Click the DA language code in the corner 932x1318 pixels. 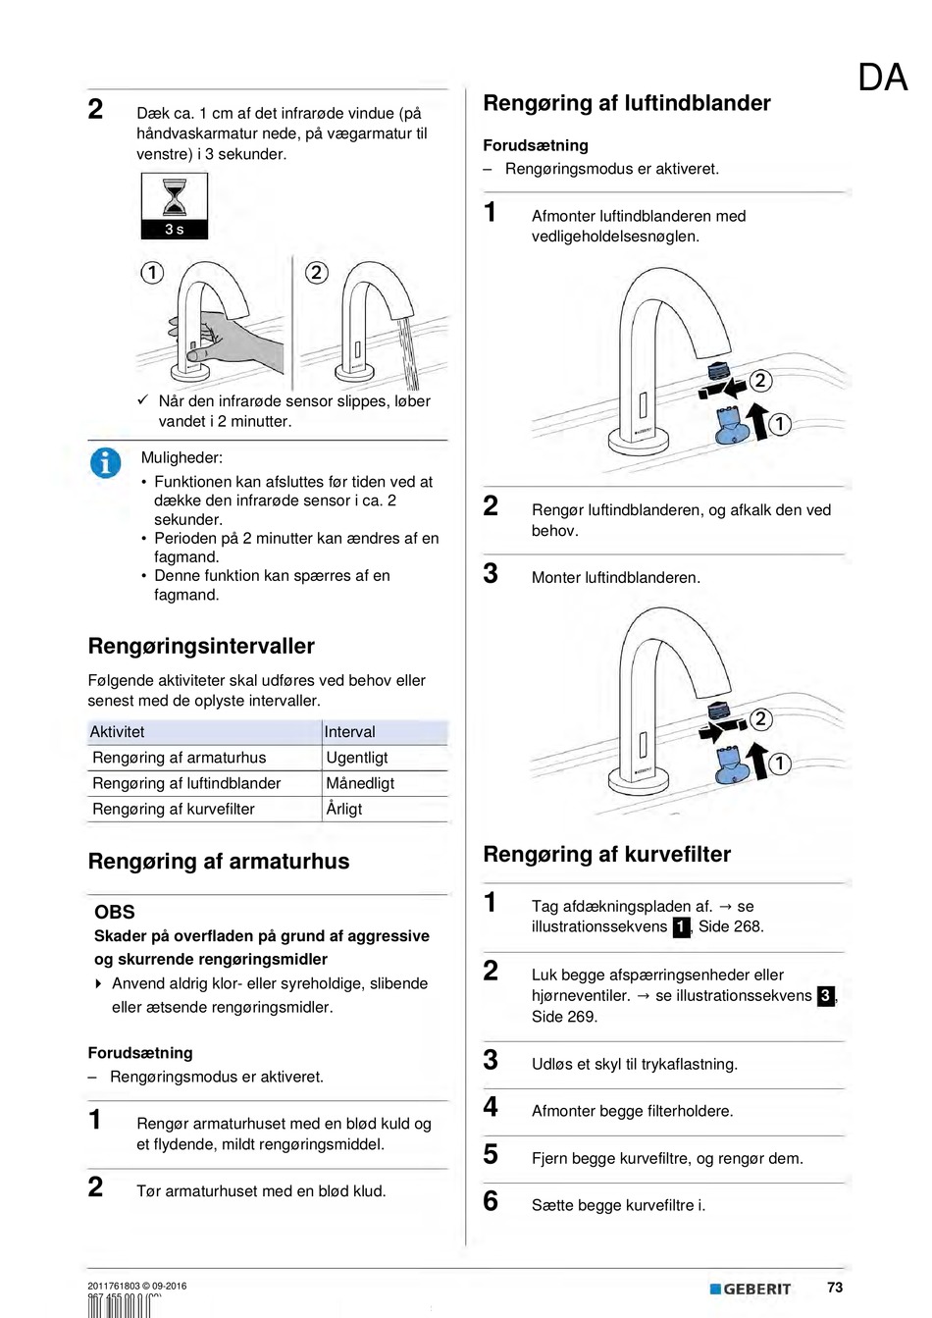click(x=882, y=78)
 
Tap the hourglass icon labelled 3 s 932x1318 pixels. click(x=175, y=205)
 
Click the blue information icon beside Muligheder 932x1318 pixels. click(x=105, y=461)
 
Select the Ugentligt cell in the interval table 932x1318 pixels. click(x=357, y=758)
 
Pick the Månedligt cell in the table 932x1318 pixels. click(x=360, y=783)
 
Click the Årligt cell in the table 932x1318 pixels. click(x=344, y=809)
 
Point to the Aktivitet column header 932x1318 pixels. click(x=118, y=732)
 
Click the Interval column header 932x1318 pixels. click(x=350, y=732)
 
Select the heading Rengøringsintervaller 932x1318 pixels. click(x=201, y=646)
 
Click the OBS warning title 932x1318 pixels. click(x=115, y=912)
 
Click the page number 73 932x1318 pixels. click(x=835, y=1288)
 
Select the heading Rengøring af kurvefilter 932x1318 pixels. click(x=606, y=854)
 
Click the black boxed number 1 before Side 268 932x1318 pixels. click(x=681, y=927)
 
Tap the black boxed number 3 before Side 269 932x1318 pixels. click(x=825, y=996)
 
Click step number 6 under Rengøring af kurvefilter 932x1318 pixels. click(x=491, y=1201)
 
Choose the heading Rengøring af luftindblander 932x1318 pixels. click(x=627, y=103)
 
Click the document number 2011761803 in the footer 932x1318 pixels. click(x=114, y=1286)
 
